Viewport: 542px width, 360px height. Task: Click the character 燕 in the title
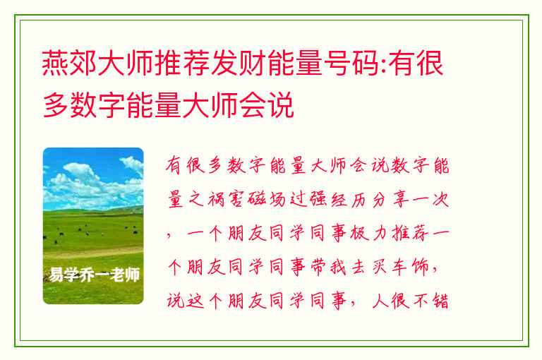coord(55,64)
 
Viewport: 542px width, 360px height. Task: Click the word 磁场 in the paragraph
coord(267,200)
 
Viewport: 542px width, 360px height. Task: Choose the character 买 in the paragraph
coord(379,267)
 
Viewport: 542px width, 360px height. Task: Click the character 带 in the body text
coord(318,267)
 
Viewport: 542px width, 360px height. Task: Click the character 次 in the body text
coord(440,200)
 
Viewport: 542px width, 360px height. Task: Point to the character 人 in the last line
coord(380,301)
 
